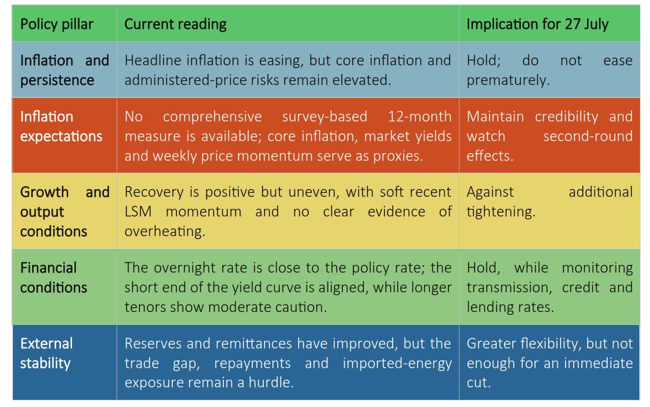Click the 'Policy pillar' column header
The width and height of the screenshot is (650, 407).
[x=57, y=24]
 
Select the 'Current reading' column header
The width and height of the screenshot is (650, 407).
[x=175, y=24]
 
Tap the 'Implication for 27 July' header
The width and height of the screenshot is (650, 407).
[x=537, y=24]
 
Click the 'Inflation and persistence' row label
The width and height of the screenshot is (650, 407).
[x=64, y=70]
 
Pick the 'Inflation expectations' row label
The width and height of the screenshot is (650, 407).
[x=61, y=127]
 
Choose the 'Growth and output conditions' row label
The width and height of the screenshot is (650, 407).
[x=65, y=212]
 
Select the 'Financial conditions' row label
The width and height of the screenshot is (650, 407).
[x=54, y=277]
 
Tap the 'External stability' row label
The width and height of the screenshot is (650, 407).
[x=47, y=353]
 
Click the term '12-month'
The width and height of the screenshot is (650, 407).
[x=420, y=117]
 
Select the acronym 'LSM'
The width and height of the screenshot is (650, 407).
[x=138, y=212]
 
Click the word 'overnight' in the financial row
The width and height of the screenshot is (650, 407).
[x=185, y=268]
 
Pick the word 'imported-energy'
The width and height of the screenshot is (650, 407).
[x=397, y=364]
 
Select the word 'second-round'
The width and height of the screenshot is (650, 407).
[x=588, y=136]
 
